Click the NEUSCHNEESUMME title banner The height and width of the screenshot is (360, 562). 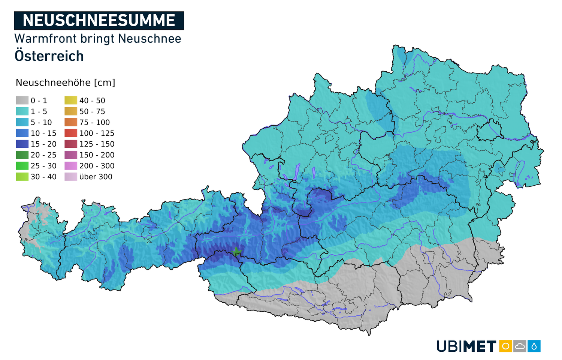[x=99, y=21]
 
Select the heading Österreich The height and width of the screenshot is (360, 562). [x=49, y=56]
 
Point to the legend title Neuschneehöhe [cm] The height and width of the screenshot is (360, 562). [x=65, y=82]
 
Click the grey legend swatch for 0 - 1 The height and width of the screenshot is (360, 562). [x=22, y=100]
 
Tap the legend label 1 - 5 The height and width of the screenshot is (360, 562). [x=39, y=111]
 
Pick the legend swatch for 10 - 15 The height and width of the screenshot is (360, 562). [x=22, y=133]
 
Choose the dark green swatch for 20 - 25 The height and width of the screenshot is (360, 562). [x=22, y=155]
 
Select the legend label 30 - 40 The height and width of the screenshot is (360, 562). [x=43, y=177]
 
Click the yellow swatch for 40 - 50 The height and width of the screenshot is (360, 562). [x=71, y=100]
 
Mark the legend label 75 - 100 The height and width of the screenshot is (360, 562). [x=94, y=122]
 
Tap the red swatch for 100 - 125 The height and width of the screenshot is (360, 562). [x=71, y=133]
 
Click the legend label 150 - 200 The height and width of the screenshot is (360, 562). [x=97, y=155]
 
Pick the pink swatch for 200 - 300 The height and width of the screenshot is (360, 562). [x=71, y=166]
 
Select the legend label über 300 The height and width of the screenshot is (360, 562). [x=96, y=177]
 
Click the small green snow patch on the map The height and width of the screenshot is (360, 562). [x=236, y=251]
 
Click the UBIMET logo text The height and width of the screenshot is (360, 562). [x=466, y=346]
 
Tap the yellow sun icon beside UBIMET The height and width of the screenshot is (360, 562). [x=505, y=346]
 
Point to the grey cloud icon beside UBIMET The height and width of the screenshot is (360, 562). [x=520, y=346]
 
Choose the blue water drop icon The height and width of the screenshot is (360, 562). [x=534, y=346]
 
